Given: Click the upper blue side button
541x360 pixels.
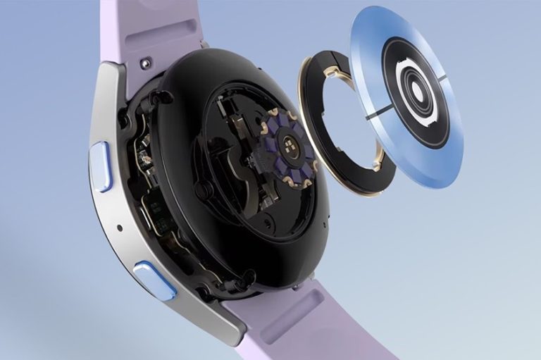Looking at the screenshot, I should pyautogui.click(x=101, y=166).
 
